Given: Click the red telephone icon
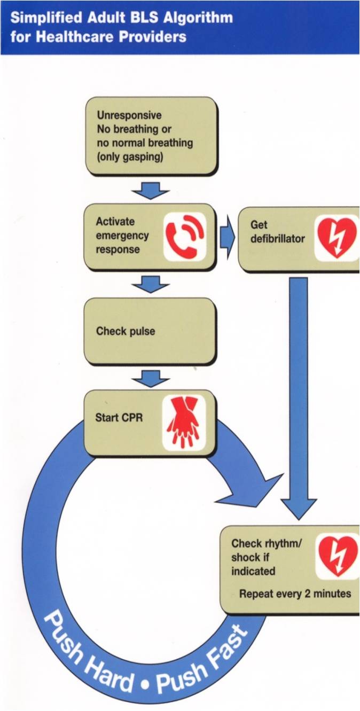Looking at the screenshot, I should pos(184,237).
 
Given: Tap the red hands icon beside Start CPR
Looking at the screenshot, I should pos(183,421).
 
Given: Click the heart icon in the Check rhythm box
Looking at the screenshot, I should pos(338,556).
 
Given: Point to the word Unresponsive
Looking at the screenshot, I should pos(129,115).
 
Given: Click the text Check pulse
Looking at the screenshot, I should pos(126,331).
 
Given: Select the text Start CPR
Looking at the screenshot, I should pos(119,417).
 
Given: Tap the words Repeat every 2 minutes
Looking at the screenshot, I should pos(295,593).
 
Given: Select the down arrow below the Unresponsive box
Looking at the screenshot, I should pos(151,190).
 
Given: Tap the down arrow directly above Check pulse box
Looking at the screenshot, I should pos(151,284).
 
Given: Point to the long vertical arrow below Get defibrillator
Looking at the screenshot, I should pos(299,395).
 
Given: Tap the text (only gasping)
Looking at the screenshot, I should pos(130,157).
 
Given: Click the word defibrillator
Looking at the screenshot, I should pos(277,238).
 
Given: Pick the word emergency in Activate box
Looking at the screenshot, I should pos(122,236).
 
